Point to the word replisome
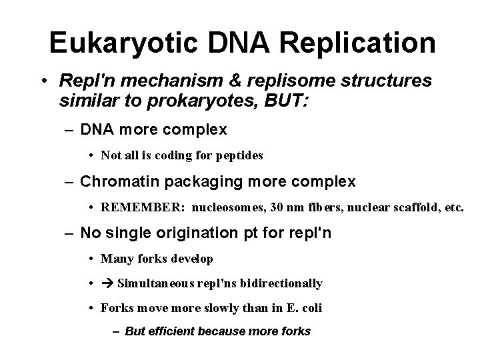281,81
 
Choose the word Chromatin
114,181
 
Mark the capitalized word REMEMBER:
143,207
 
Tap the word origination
206,233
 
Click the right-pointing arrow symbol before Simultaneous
107,283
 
